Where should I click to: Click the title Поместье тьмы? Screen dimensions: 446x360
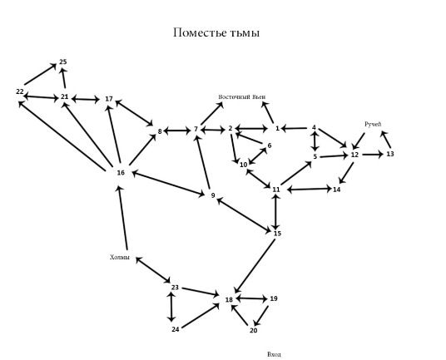pos(216,32)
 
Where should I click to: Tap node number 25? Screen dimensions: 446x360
pos(63,62)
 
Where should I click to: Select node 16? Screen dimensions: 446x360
pos(121,172)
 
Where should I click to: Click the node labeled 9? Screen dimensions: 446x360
pos(213,195)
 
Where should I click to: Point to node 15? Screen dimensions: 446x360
pos(277,234)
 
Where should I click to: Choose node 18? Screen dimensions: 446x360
pos(229,299)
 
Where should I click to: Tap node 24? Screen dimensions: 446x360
pos(176,329)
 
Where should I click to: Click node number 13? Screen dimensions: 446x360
pos(390,154)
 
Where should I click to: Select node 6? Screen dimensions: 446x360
pos(270,145)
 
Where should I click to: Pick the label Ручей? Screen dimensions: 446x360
pos(373,124)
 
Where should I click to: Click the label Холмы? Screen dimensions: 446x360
pos(120,257)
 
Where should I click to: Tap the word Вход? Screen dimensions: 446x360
pos(275,354)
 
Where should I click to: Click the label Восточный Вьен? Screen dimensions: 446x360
pos(242,97)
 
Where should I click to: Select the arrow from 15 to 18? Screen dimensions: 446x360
pos(255,266)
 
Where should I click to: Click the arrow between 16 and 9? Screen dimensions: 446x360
pos(168,183)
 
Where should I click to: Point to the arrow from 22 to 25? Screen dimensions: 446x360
pos(40,74)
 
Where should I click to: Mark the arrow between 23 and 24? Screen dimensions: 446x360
pos(171,307)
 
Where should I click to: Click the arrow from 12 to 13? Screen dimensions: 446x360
pos(373,155)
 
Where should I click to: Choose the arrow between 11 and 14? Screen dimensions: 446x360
pos(310,189)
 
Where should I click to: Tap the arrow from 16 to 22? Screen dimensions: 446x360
pos(62,136)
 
